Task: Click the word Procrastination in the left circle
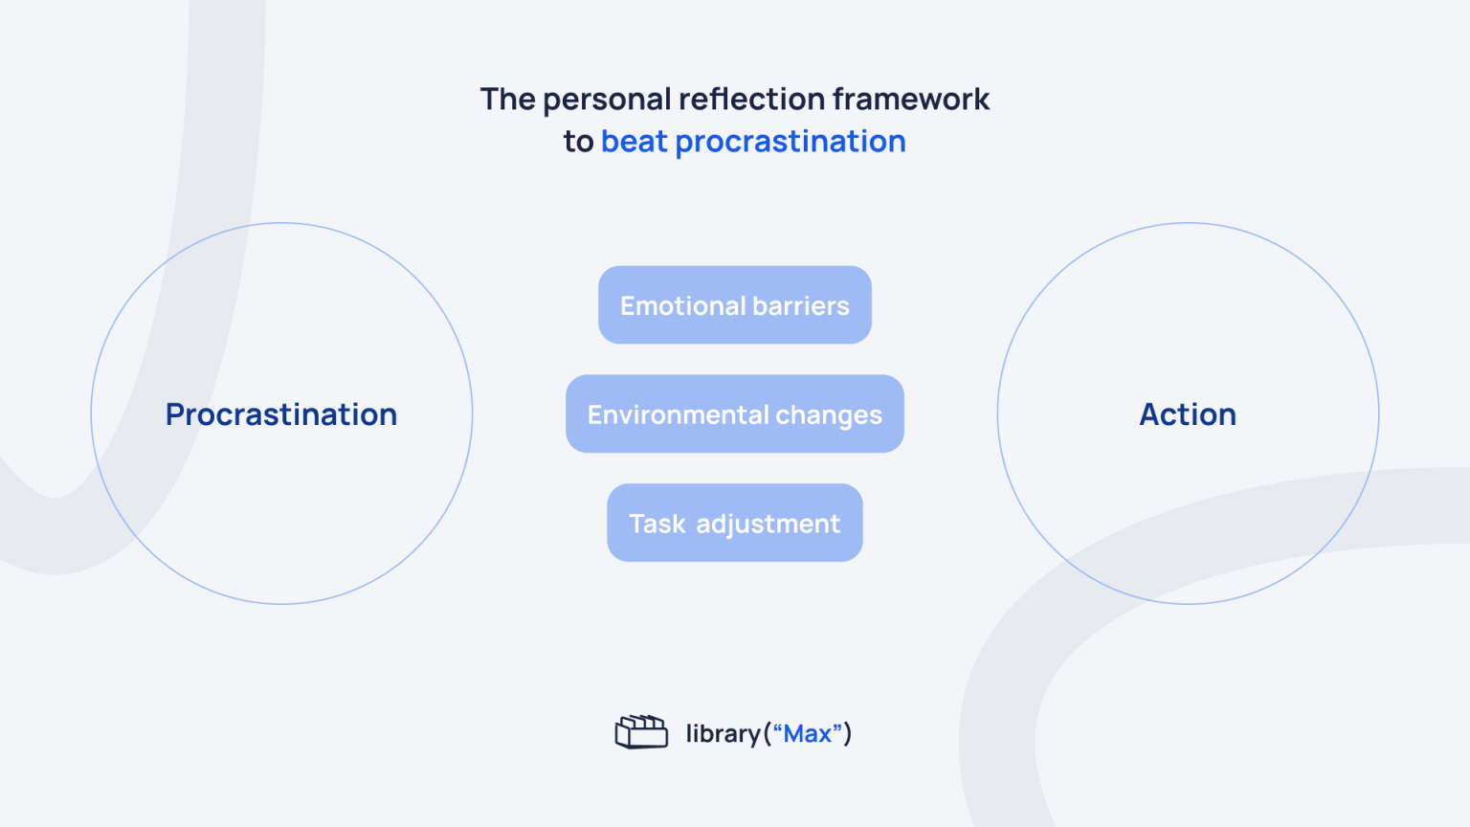[280, 414]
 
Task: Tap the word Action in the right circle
[1187, 414]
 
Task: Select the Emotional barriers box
[734, 305]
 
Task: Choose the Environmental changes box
[734, 414]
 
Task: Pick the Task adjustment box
[734, 524]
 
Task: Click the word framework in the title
[910, 99]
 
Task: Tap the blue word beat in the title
[634, 142]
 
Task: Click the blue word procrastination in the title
[790, 142]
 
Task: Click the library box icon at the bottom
[641, 732]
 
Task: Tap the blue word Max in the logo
[807, 734]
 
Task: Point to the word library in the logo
[723, 734]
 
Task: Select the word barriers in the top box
[801, 306]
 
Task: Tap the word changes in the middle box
[828, 415]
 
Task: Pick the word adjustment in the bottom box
[768, 525]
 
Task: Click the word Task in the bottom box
[657, 525]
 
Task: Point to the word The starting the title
[507, 99]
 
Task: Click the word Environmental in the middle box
[678, 415]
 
